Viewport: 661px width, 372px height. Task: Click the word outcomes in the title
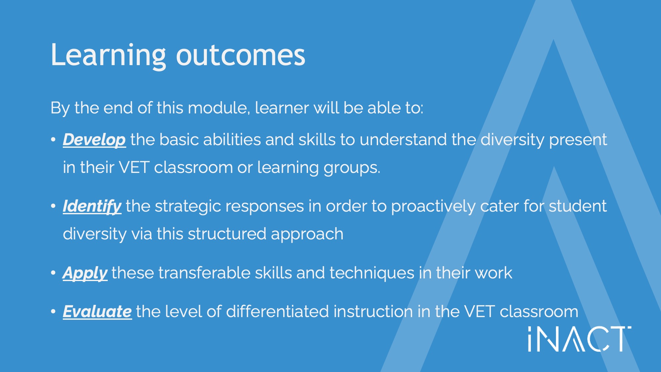[x=241, y=55]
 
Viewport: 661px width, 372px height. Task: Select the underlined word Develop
[x=94, y=140]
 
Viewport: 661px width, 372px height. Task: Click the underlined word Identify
[x=92, y=207]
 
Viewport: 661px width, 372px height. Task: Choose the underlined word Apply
[x=85, y=273]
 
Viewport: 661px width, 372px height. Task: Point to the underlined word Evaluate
[x=97, y=311]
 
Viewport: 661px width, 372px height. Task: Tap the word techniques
[x=372, y=273]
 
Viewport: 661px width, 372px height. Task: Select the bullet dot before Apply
[x=53, y=273]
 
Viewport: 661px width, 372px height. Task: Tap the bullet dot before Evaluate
[x=53, y=311]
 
